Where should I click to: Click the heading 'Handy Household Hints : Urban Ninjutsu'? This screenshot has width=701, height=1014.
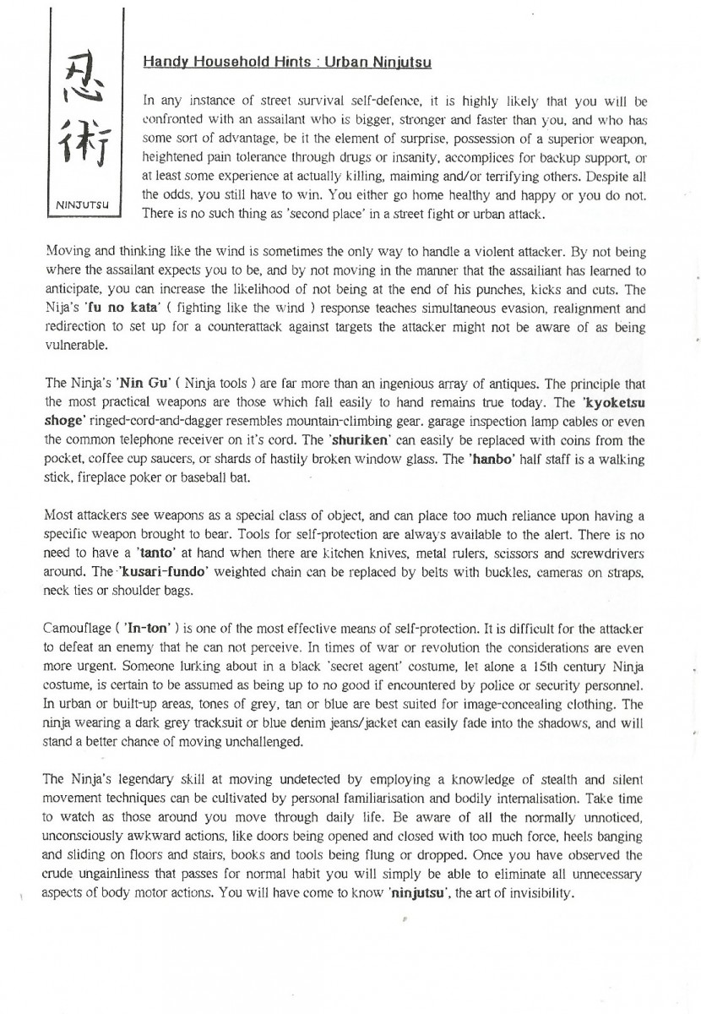click(x=288, y=62)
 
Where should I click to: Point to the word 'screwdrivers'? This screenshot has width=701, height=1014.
click(x=606, y=553)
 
